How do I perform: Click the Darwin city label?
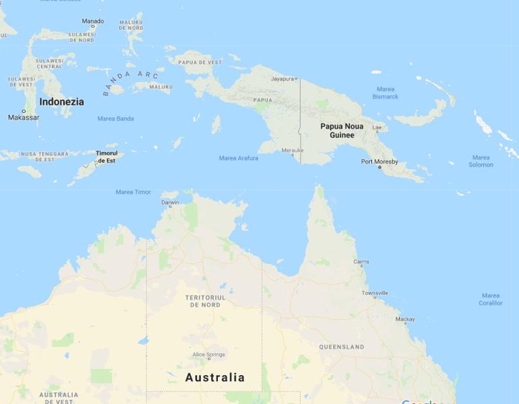click(170, 202)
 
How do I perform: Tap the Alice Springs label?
click(208, 355)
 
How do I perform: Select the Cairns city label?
click(361, 262)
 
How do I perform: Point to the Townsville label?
click(374, 294)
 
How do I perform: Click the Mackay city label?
click(405, 320)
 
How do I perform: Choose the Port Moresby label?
click(379, 162)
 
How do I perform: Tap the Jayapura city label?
click(283, 79)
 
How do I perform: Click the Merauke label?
click(292, 150)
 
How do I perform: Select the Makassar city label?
click(24, 117)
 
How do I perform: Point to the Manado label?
click(93, 21)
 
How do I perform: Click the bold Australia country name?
click(215, 377)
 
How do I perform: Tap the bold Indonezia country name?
click(62, 102)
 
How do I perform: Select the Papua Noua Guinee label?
click(342, 131)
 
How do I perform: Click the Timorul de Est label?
click(106, 157)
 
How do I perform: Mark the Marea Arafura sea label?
click(239, 158)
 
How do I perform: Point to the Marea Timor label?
click(133, 192)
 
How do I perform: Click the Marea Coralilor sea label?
click(490, 299)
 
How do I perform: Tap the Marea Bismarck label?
click(385, 93)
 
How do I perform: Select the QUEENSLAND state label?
click(342, 347)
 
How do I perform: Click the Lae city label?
click(377, 127)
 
